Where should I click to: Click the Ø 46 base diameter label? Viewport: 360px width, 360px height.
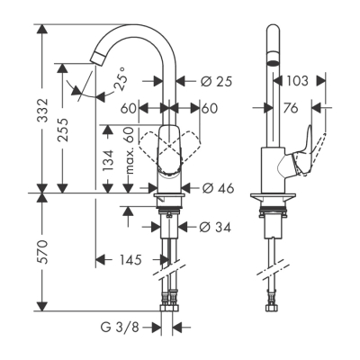coord(219,189)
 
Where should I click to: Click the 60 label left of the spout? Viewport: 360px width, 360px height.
coord(127,109)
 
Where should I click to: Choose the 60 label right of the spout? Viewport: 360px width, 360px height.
coord(210,109)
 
